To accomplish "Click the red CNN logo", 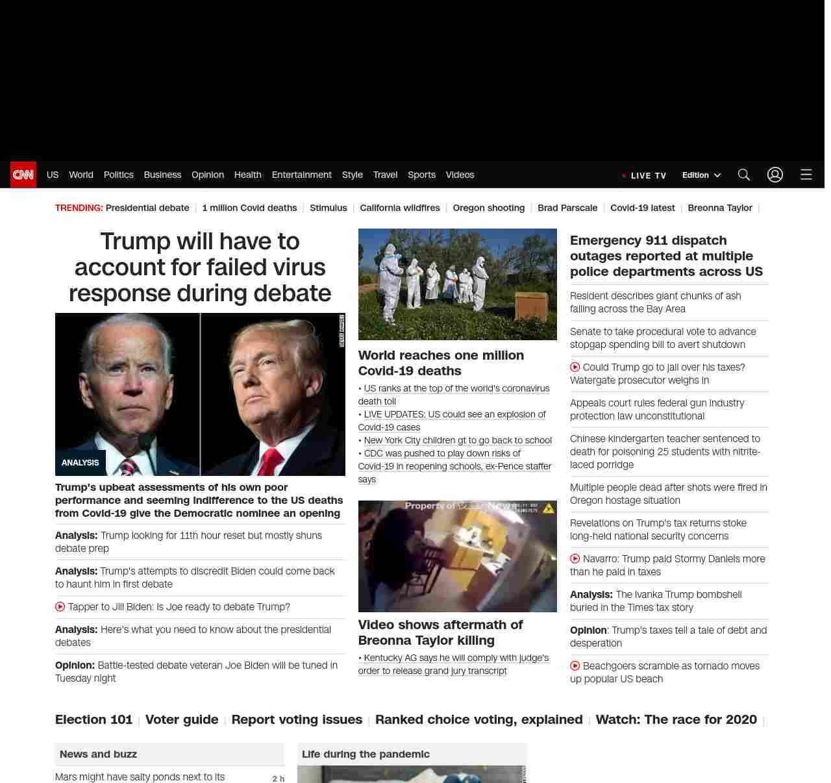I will (x=23, y=175).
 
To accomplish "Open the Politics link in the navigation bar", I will (x=118, y=175).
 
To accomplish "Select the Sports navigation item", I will (x=421, y=175).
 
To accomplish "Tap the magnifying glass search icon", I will (x=743, y=175).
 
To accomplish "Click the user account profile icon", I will (x=775, y=175).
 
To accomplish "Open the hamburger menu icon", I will (x=806, y=175).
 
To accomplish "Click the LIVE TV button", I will (x=644, y=175).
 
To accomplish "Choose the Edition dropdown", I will (x=701, y=175).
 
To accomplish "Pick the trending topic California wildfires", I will (x=399, y=208).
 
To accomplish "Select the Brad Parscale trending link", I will (x=567, y=208).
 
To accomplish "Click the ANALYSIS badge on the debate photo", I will (x=80, y=463).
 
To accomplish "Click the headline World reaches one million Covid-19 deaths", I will (x=440, y=363).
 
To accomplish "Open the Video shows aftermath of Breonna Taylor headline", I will (x=440, y=632).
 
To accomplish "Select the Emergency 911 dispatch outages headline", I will (x=666, y=256).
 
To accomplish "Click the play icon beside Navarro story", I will (x=575, y=558).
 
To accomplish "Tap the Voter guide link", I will (x=182, y=719).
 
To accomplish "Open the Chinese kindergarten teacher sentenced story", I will (x=665, y=451).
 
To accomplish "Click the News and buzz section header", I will (x=98, y=754).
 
